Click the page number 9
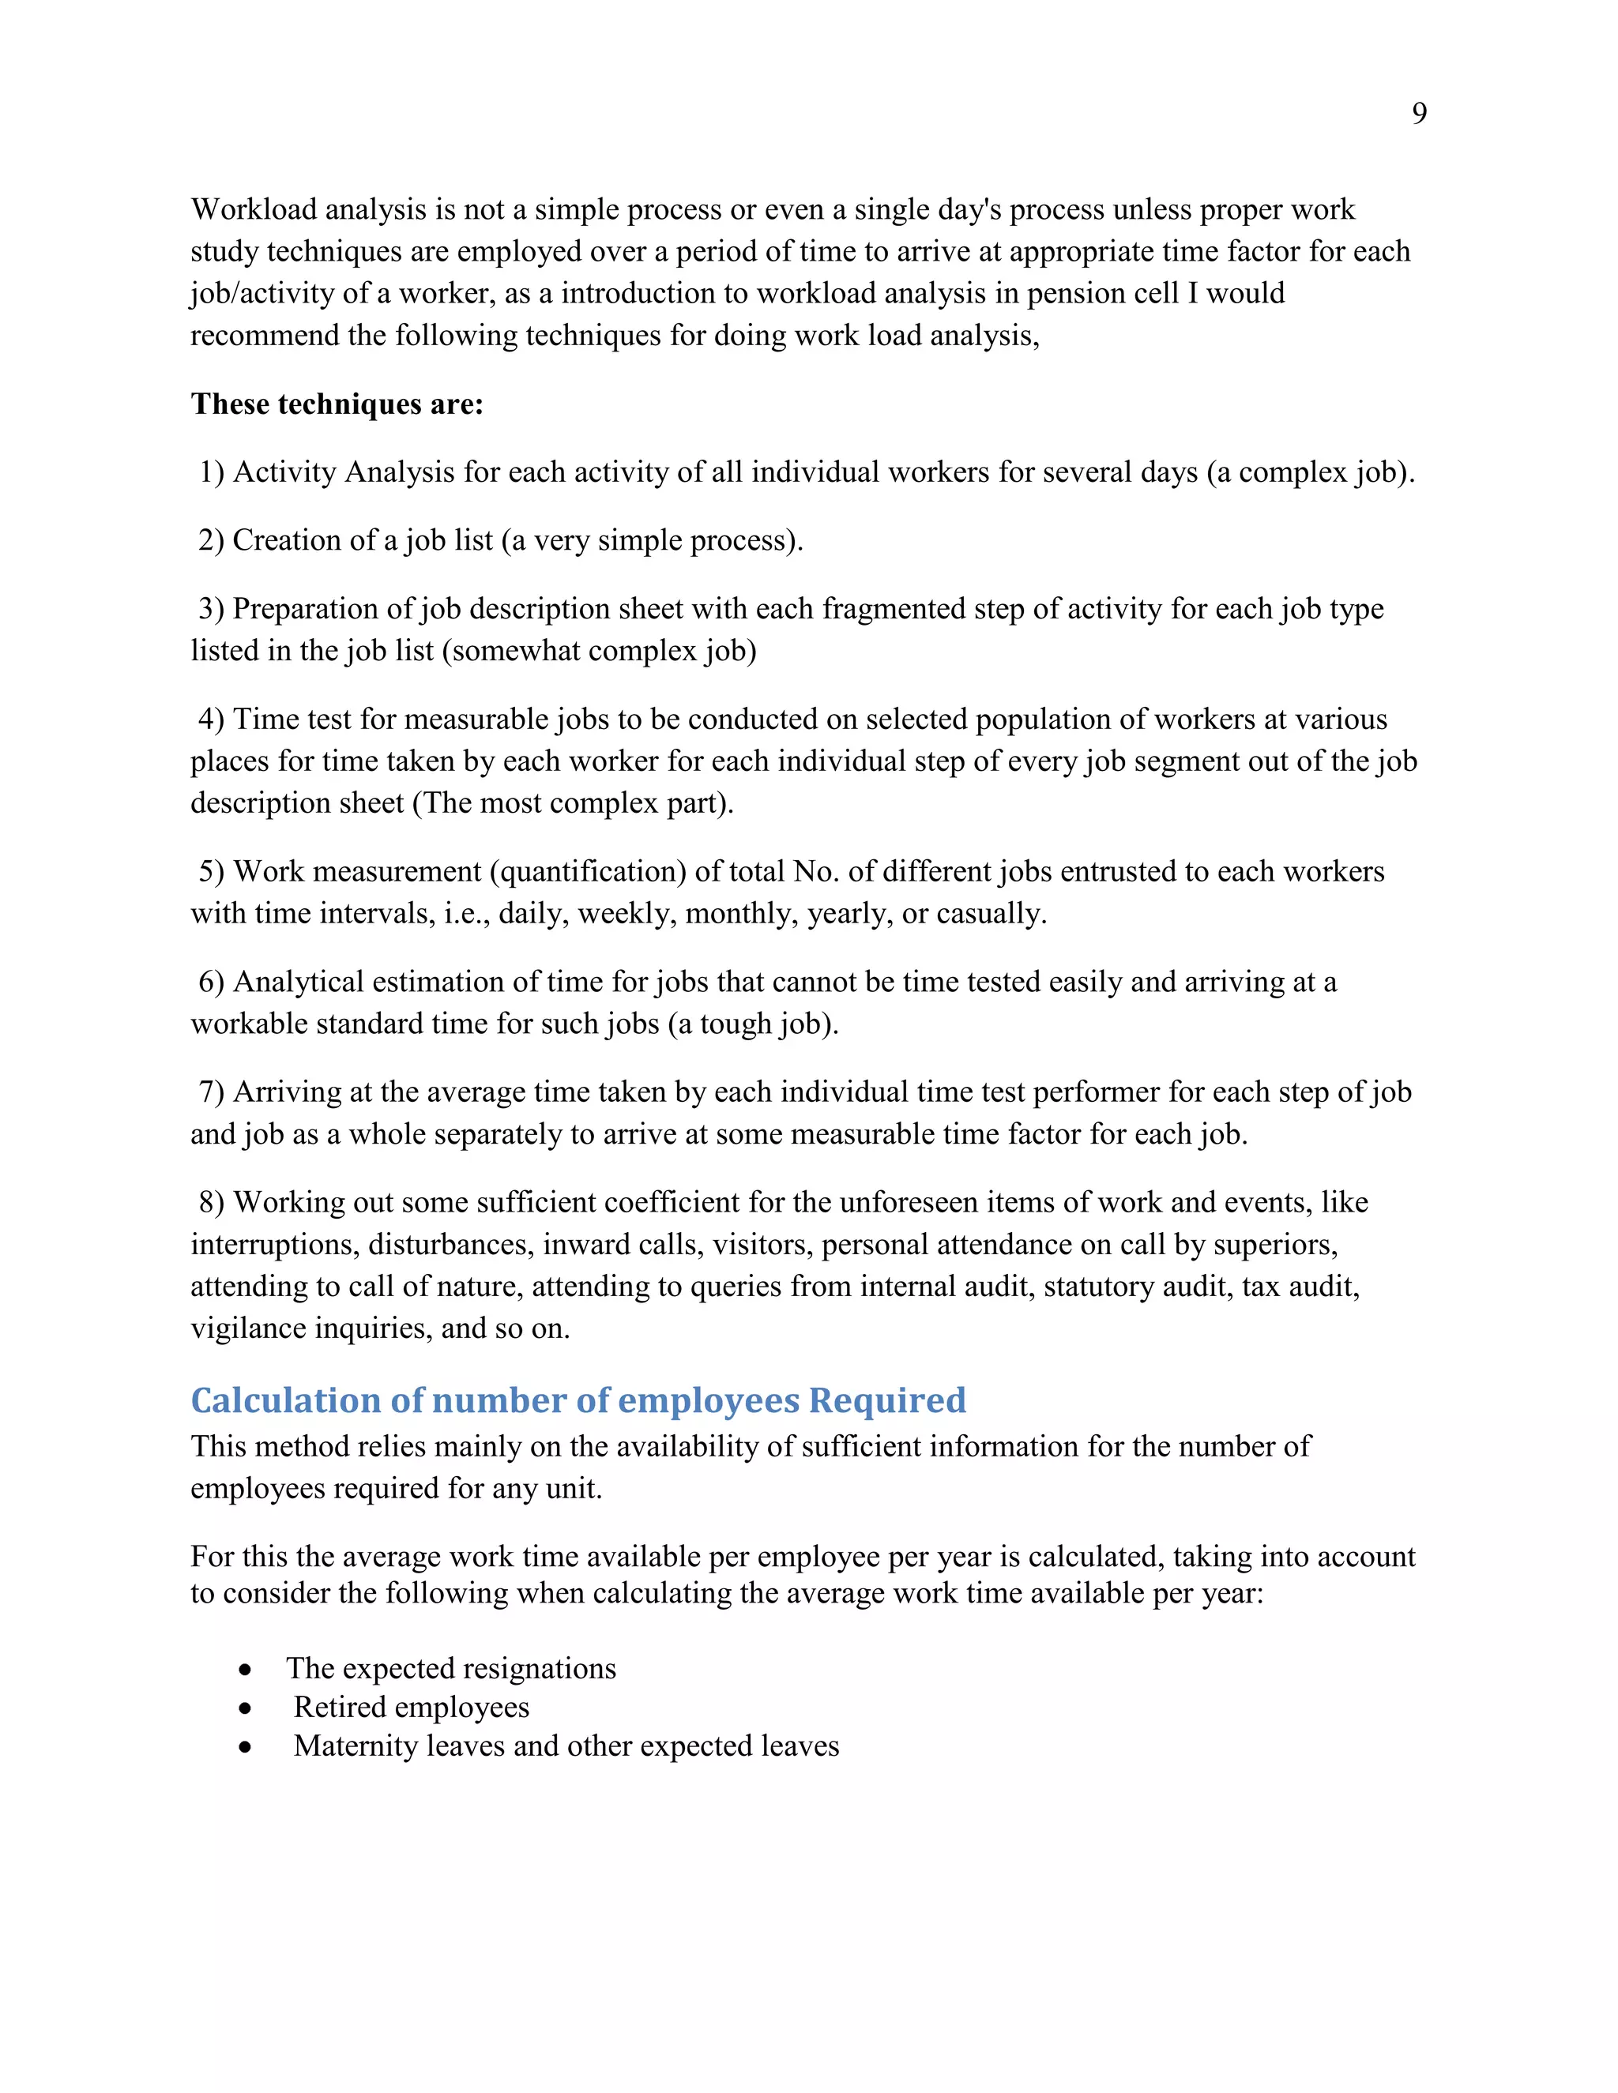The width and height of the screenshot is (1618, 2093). point(1419,114)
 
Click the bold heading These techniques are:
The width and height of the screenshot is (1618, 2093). point(337,404)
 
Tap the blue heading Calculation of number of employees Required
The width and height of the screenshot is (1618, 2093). point(578,1400)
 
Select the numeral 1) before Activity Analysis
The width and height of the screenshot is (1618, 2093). point(212,472)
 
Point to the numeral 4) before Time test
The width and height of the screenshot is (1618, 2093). point(212,720)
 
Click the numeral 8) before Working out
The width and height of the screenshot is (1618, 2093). point(212,1203)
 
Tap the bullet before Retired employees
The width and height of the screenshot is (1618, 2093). point(246,1708)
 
